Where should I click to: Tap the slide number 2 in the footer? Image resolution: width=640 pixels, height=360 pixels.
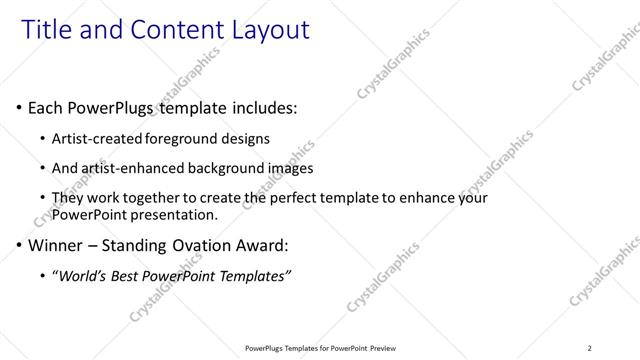pos(590,348)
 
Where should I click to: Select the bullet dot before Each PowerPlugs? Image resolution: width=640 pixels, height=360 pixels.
pos(19,107)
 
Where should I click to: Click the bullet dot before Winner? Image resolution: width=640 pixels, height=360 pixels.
pos(19,245)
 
